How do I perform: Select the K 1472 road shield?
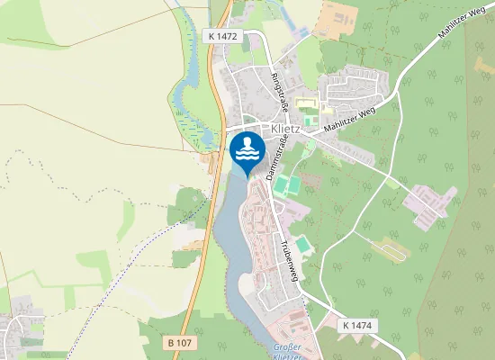pyautogui.click(x=221, y=35)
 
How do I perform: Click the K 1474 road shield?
pyautogui.click(x=357, y=325)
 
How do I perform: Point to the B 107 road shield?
pyautogui.click(x=181, y=343)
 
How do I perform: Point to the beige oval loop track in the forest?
pyautogui.click(x=389, y=245)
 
